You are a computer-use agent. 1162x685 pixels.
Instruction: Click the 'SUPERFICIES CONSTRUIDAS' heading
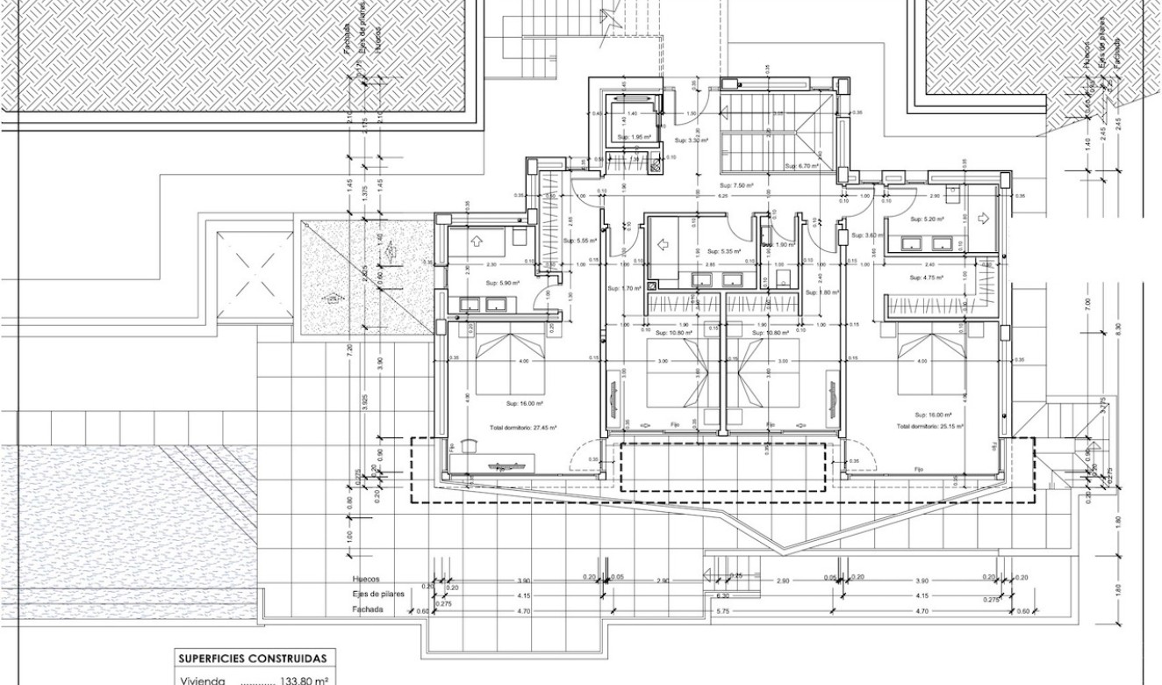pos(253,658)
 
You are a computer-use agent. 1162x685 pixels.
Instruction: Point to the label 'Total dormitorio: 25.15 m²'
pos(930,426)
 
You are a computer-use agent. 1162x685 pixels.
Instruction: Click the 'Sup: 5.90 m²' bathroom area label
pos(504,283)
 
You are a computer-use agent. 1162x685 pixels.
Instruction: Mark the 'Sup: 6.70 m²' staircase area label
pos(801,165)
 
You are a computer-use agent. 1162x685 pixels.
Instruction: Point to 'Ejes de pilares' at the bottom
pos(379,595)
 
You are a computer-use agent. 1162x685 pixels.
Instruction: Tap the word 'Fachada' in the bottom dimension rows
pos(369,609)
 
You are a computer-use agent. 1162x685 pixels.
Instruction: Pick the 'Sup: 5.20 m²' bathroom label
pos(927,220)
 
